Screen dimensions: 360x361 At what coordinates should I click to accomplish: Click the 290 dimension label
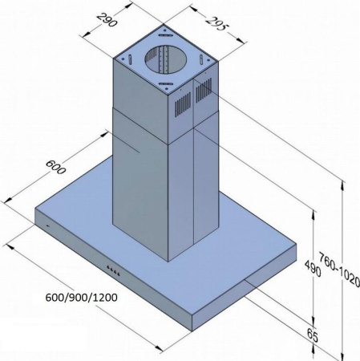point(107,19)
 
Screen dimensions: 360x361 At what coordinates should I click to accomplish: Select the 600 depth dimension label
point(55,167)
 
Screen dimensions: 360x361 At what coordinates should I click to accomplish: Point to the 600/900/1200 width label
point(81,298)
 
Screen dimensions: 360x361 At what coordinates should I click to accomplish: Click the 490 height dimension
point(313,268)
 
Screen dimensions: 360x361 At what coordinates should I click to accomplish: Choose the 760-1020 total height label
point(339,270)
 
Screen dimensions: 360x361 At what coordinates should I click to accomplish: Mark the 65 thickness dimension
point(313,336)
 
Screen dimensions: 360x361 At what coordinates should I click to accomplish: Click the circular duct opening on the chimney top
point(165,59)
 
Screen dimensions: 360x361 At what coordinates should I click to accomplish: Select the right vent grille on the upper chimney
point(204,91)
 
